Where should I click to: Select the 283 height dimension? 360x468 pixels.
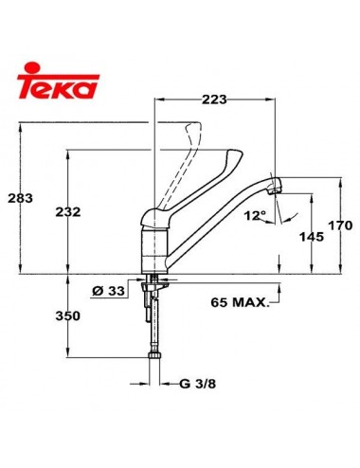[18, 197]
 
